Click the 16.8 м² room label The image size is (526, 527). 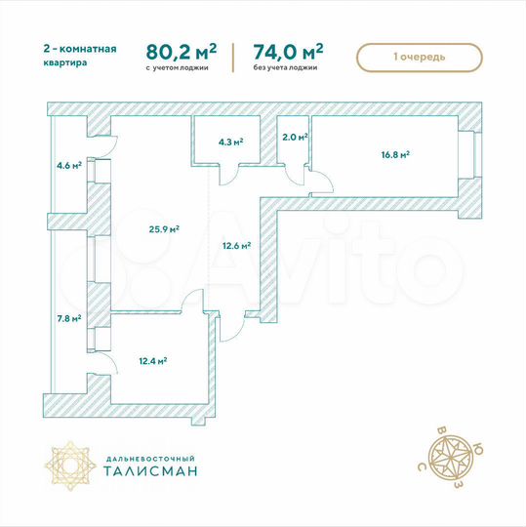pos(394,153)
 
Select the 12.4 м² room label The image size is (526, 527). pos(152,360)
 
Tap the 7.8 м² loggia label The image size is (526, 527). pos(69,317)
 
